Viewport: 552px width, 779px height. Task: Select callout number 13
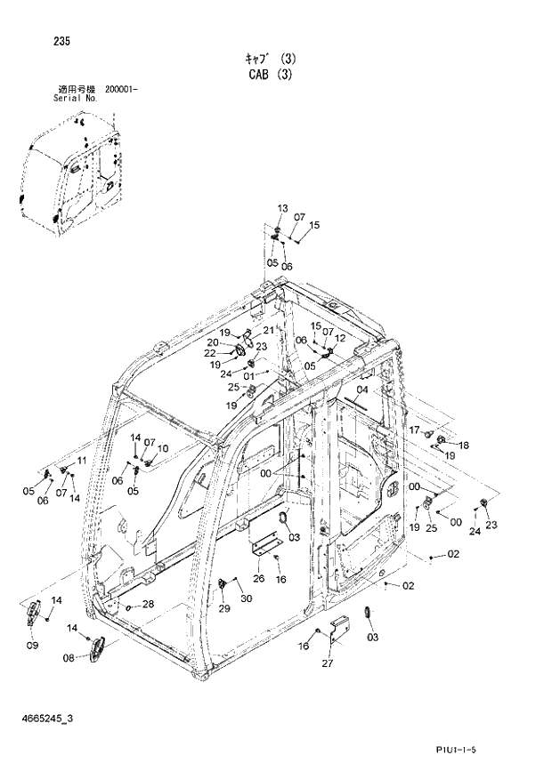(x=282, y=208)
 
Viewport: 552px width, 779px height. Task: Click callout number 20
(x=214, y=342)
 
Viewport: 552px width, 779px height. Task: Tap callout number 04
(x=361, y=390)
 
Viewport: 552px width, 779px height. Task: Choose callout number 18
(x=464, y=445)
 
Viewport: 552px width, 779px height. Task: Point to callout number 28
(x=148, y=604)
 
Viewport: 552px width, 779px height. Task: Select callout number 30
(x=246, y=598)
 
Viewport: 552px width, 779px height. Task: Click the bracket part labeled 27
(x=339, y=629)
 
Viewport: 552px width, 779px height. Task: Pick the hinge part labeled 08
(x=96, y=646)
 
